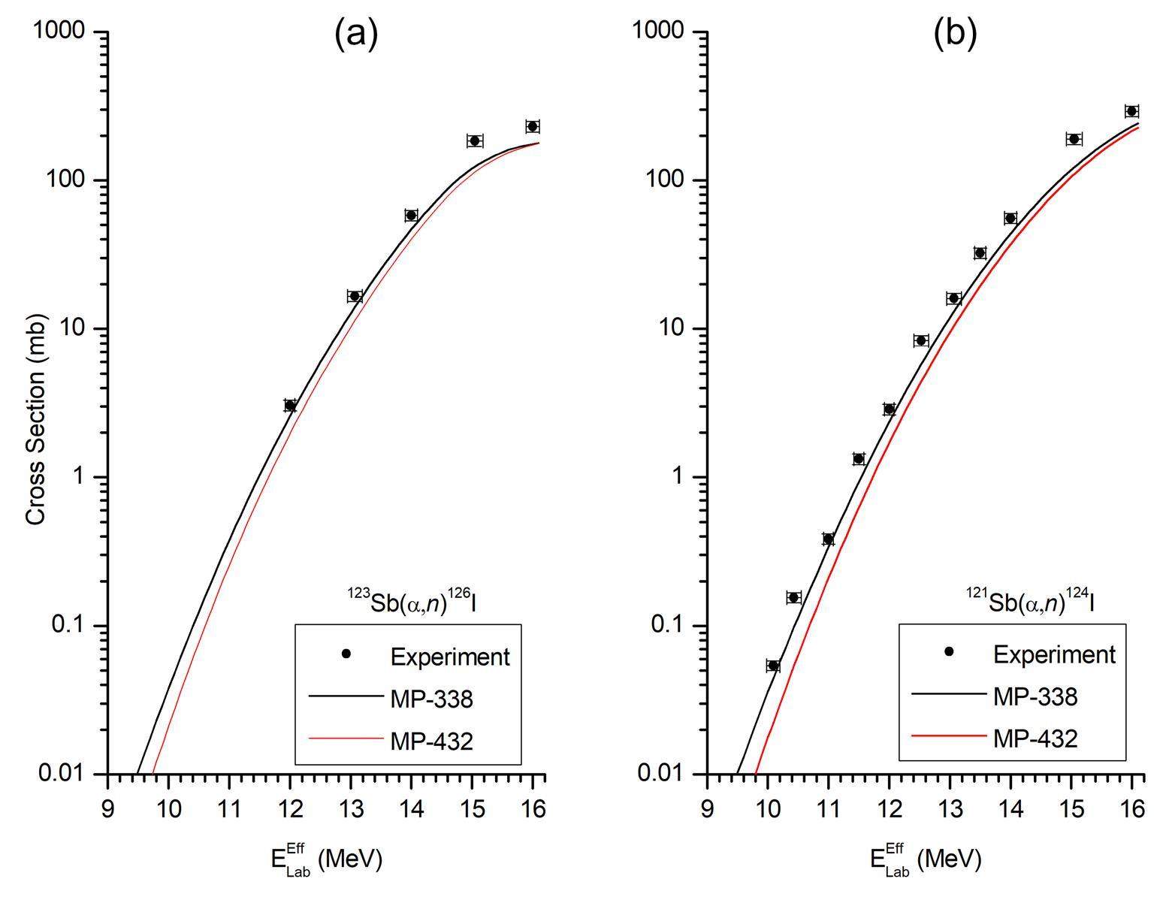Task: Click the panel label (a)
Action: pos(355,34)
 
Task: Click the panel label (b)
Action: pos(955,34)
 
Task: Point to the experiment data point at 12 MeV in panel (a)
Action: pos(290,406)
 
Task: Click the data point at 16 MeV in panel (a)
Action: pos(533,126)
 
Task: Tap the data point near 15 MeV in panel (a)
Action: pos(474,140)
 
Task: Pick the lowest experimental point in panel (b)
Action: pos(773,666)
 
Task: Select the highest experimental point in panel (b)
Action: pos(1131,111)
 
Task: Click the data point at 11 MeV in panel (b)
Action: pos(828,539)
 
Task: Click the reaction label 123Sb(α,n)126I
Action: pos(411,602)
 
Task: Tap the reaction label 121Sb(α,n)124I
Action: pos(1029,602)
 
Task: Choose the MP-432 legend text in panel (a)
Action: pos(431,741)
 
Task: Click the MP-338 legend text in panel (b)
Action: pos(1035,697)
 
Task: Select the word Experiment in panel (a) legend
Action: pos(450,657)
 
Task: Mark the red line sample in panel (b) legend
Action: pos(947,735)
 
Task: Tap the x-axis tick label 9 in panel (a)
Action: pos(108,809)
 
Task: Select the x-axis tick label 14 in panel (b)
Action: pos(1010,809)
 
